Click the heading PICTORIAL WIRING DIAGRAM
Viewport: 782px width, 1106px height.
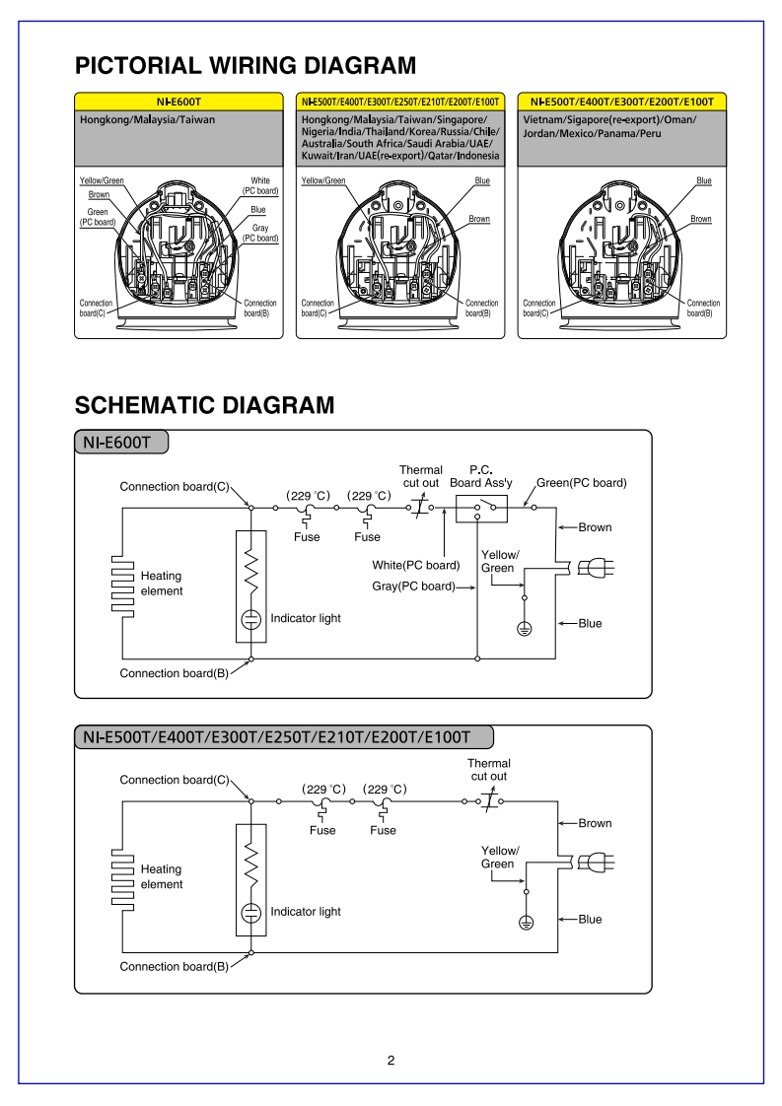(246, 66)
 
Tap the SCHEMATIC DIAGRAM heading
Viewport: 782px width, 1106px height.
(204, 405)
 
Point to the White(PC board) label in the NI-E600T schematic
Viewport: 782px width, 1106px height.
(416, 565)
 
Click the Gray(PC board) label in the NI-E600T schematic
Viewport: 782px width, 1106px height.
(413, 587)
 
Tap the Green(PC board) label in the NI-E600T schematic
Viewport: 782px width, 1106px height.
(582, 483)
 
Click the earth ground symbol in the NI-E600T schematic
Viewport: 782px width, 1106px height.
(525, 628)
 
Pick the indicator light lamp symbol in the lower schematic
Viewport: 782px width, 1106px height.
(251, 912)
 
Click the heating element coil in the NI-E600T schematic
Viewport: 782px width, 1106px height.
(121, 584)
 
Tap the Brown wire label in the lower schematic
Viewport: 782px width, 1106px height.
(595, 823)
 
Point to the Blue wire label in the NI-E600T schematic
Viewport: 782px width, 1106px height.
(590, 624)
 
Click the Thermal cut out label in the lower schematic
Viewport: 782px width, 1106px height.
(488, 770)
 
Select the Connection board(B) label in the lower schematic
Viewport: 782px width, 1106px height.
(174, 966)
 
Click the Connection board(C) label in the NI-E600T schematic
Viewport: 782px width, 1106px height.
(174, 487)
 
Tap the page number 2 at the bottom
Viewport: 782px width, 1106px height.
(391, 1061)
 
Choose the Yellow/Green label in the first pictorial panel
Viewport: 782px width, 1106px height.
(102, 181)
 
